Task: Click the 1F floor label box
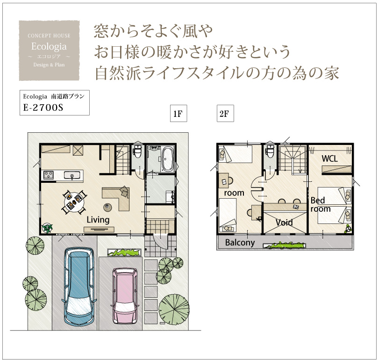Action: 178,114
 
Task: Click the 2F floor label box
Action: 225,114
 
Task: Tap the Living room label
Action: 98,220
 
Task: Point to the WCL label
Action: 329,158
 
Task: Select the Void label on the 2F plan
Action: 284,222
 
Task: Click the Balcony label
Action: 240,243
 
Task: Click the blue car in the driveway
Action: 78,286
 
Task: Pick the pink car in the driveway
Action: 124,295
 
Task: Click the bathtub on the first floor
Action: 168,159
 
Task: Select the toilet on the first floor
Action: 138,151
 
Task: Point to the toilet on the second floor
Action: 270,151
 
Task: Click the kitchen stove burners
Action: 49,175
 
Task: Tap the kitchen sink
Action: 72,175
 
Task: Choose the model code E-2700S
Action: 43,108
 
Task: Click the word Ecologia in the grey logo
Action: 49,46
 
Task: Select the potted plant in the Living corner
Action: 47,228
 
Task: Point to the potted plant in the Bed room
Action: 348,229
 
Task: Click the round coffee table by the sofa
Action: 107,207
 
